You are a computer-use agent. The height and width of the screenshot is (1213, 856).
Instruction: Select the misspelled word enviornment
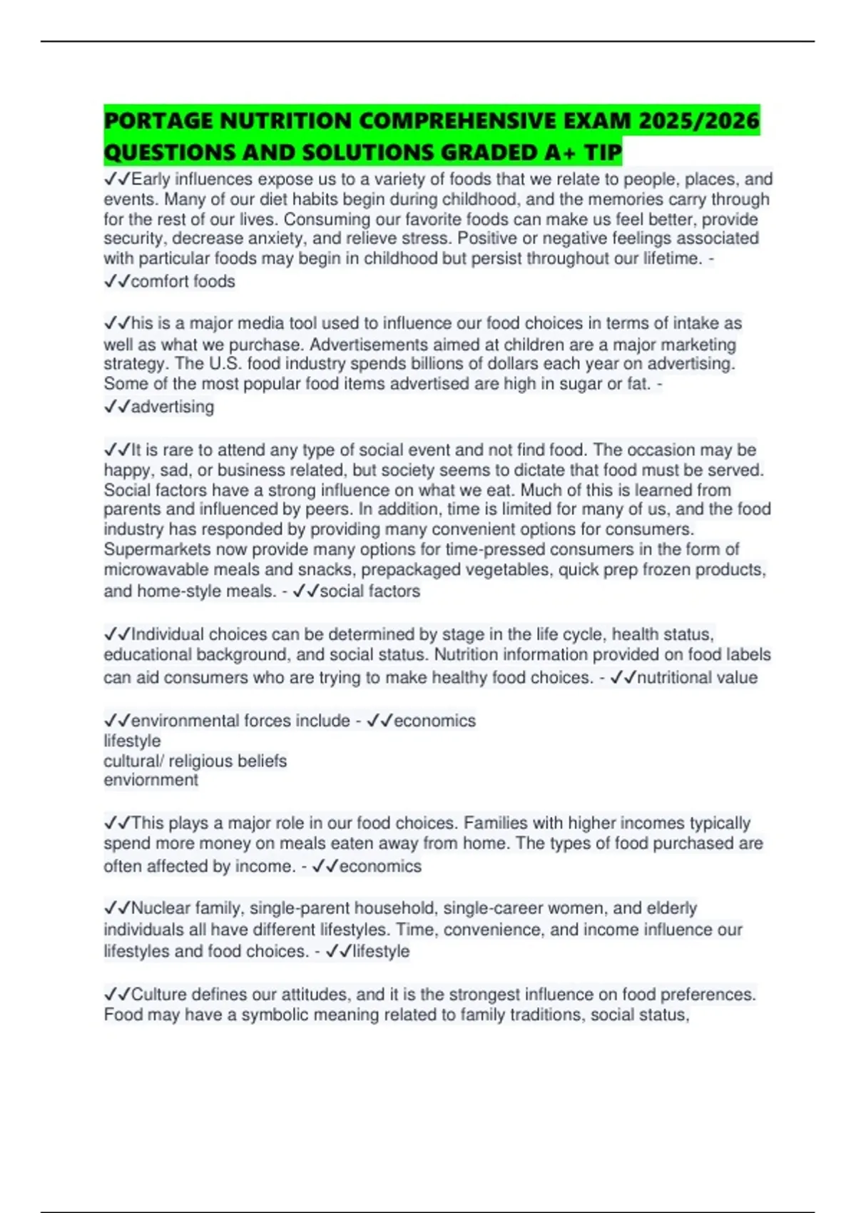(151, 780)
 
